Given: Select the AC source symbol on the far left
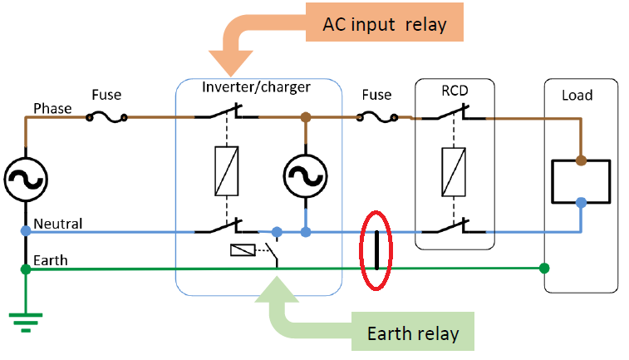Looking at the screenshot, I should point(25,176).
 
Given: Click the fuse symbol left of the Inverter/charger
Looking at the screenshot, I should point(106,117).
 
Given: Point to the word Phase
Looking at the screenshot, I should point(52,109).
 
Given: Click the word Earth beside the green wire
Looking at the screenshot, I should point(49,260).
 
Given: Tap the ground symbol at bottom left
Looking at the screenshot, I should point(26,320).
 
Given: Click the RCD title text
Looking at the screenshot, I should point(454,90).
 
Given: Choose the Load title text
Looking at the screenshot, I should point(577,95).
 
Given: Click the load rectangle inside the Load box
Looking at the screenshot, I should point(581,180).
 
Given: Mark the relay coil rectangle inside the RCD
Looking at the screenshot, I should point(454,173).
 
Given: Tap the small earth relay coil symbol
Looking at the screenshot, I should point(241,250).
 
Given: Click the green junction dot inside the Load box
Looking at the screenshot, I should point(544,268).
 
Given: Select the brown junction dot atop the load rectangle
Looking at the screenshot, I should point(581,160).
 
